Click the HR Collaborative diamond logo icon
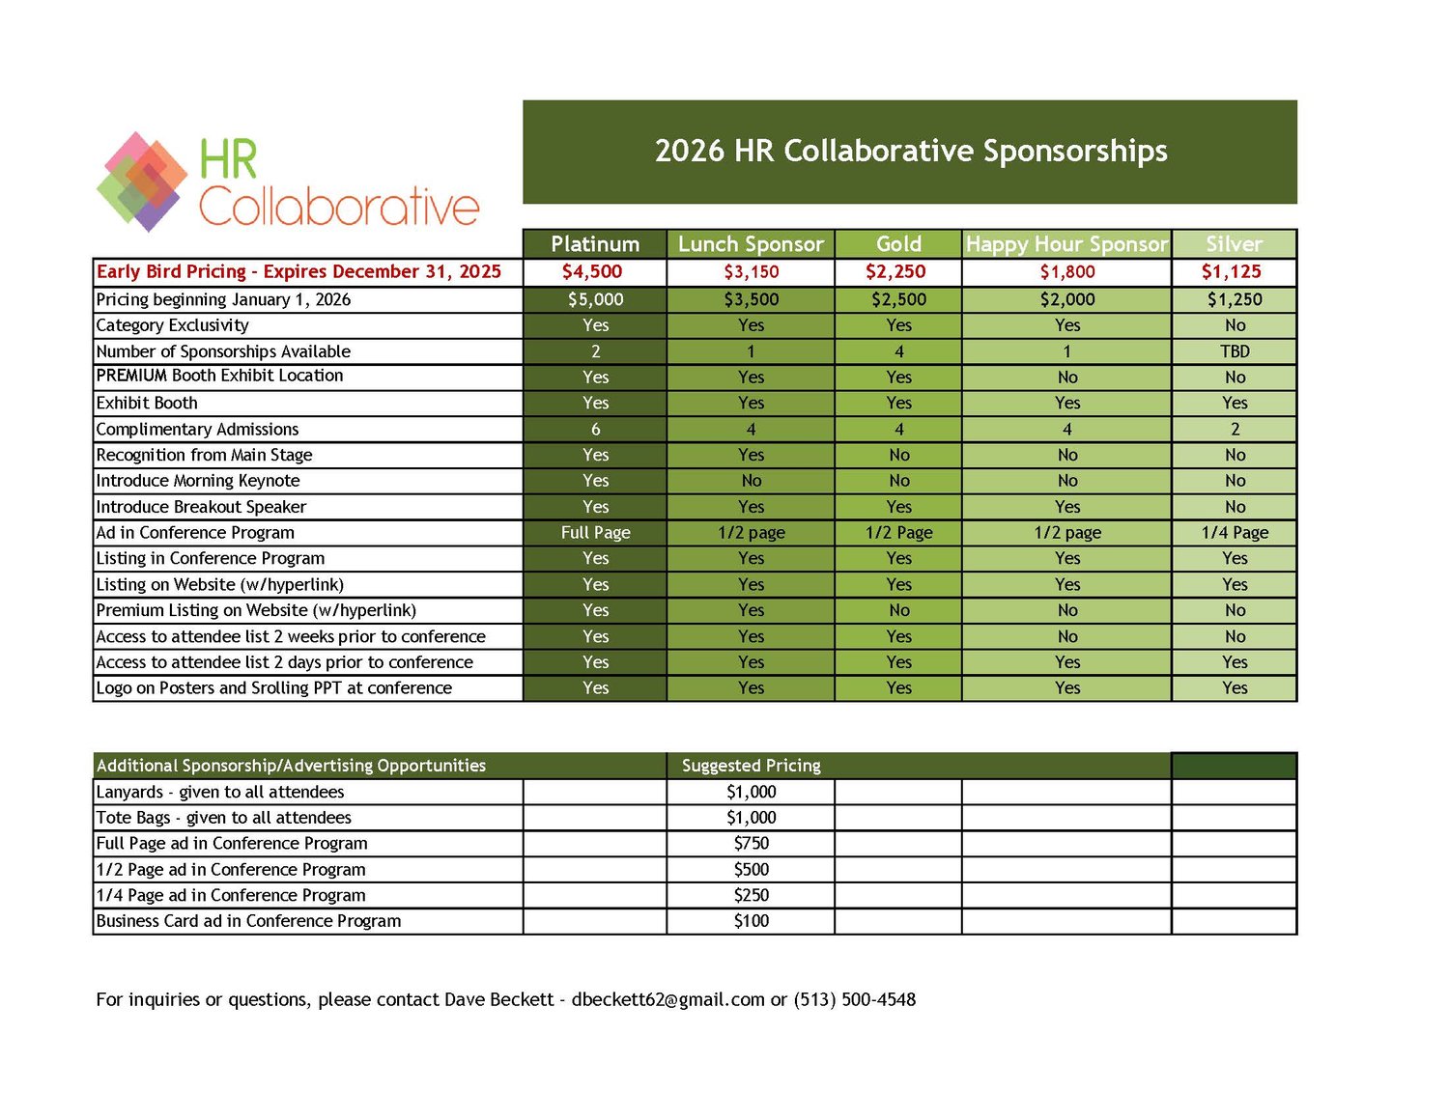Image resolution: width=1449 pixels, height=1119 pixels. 143,182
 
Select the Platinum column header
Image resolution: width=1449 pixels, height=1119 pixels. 595,244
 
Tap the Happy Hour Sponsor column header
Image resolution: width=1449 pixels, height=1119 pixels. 1066,244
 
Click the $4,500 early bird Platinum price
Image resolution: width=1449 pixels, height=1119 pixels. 592,272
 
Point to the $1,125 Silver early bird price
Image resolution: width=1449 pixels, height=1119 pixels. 1232,272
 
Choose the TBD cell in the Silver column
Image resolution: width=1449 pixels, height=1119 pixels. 1235,351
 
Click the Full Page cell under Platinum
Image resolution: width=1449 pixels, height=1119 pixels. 595,532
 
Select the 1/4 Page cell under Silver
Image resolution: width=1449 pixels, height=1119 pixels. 1235,532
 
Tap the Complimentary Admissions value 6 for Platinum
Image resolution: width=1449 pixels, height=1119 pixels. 595,429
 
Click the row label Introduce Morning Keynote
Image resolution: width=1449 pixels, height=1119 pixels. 198,481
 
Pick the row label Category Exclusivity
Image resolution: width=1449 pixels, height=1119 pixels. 172,325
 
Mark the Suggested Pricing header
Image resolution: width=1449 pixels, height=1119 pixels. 751,766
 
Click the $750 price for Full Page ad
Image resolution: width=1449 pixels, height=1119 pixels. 751,843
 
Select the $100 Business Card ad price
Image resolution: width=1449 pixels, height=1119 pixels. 751,921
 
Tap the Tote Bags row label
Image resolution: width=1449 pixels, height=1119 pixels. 223,818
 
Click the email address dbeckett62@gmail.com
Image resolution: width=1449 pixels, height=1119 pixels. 668,999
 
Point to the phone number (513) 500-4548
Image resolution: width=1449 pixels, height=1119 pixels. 854,999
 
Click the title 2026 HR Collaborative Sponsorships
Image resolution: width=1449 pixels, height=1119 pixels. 910,151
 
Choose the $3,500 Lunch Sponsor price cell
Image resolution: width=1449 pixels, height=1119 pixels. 751,299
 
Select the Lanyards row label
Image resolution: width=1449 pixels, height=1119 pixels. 219,792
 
